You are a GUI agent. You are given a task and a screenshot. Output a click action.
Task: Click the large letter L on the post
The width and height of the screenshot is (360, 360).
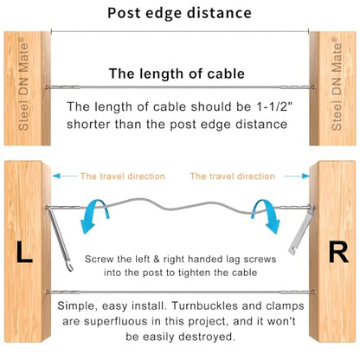point(24,252)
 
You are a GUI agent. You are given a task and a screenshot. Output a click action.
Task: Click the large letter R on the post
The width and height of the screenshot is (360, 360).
point(338,252)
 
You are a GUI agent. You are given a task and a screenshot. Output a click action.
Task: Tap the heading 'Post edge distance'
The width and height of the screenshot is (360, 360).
point(179,13)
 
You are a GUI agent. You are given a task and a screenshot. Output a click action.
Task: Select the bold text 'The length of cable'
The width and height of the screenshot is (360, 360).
point(177,74)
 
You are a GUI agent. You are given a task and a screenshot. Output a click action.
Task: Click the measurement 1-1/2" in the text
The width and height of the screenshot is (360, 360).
point(274,106)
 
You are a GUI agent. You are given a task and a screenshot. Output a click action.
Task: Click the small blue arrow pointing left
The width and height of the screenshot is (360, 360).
point(65,176)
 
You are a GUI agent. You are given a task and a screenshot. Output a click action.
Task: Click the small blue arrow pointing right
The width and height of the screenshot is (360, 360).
point(297,176)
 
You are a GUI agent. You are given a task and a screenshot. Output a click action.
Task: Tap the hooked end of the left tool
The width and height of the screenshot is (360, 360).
point(69,266)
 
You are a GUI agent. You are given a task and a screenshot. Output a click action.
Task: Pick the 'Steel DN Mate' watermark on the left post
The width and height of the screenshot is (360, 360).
point(23,84)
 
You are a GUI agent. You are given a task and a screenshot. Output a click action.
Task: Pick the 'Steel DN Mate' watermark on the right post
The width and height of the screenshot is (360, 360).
point(337,84)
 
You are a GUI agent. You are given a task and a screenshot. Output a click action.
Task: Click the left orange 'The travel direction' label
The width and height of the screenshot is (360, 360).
point(123,176)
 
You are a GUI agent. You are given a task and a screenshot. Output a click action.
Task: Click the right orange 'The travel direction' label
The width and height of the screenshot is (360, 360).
point(233,176)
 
